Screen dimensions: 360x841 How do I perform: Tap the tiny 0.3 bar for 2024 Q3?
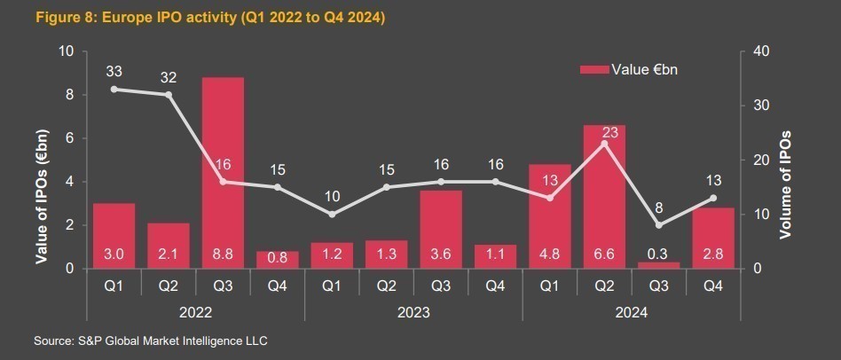[658, 264]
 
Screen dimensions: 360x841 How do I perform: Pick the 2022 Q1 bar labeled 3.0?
[114, 236]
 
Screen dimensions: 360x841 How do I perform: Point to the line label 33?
[114, 71]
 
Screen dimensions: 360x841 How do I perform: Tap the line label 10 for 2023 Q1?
[332, 196]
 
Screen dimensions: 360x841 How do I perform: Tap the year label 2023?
[413, 312]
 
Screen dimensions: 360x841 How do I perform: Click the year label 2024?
[631, 312]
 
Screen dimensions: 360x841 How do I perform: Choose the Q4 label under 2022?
[278, 286]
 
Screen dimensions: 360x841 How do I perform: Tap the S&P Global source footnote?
[151, 340]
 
